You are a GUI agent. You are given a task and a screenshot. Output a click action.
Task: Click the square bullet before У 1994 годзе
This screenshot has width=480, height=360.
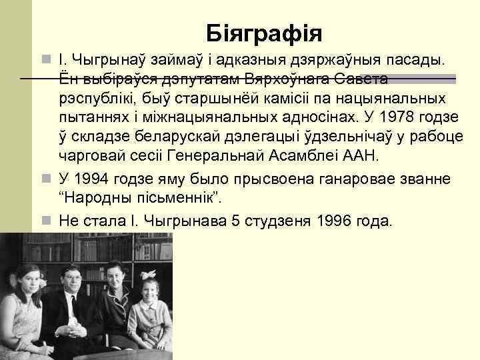(47, 180)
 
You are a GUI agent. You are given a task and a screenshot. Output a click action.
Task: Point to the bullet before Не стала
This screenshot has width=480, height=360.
(47, 220)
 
